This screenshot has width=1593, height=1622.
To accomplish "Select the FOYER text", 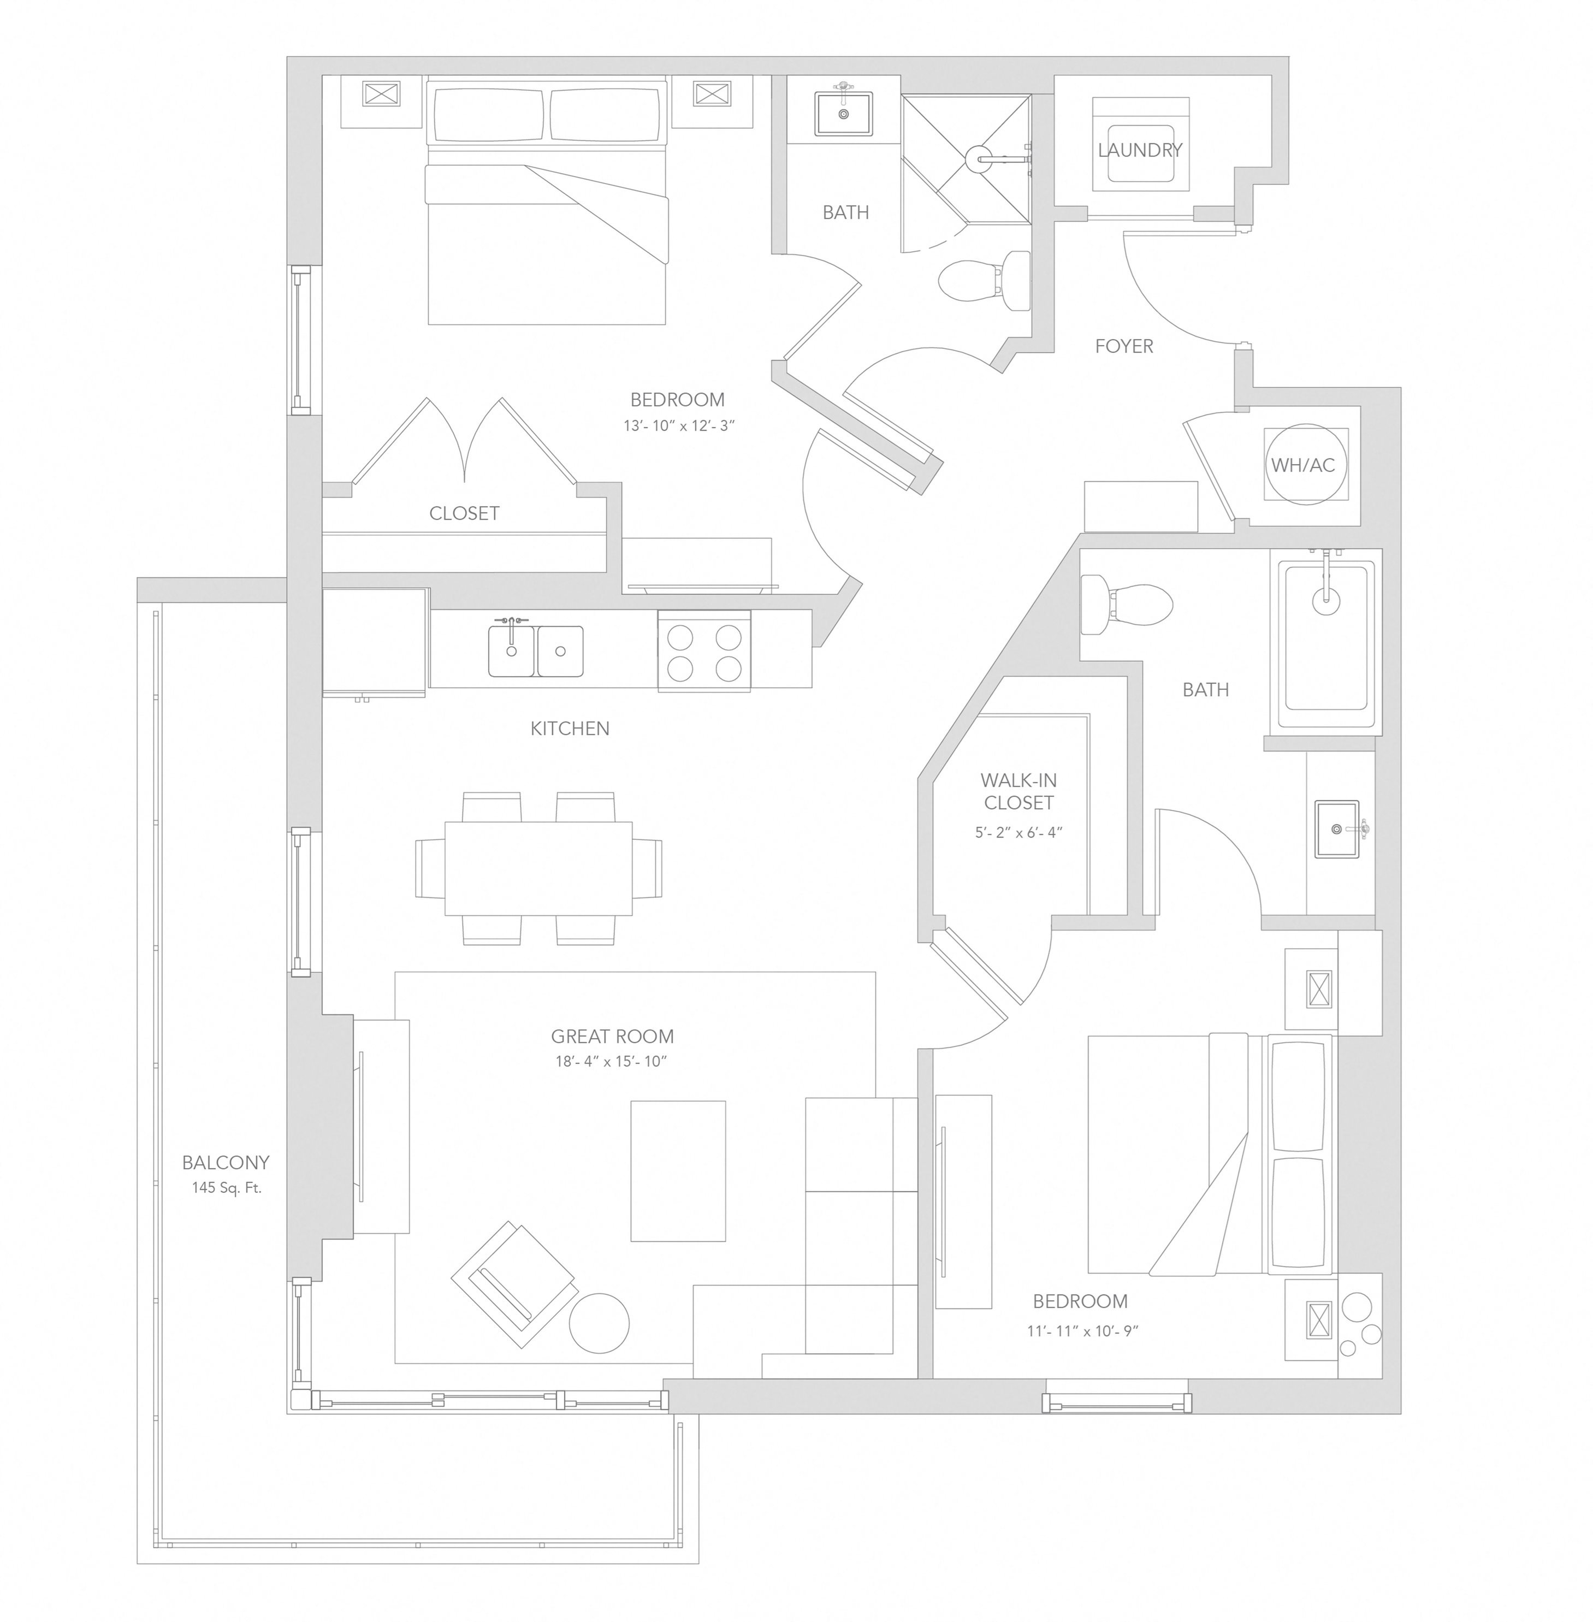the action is point(1124,346).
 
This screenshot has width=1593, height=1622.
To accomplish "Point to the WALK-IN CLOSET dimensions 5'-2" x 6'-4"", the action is point(1018,832).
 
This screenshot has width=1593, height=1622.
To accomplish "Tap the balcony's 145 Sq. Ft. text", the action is point(226,1187).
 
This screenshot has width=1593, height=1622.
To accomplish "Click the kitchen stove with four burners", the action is point(703,650).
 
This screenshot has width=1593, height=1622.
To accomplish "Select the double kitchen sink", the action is point(536,649).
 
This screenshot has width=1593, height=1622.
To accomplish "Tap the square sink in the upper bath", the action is point(843,113).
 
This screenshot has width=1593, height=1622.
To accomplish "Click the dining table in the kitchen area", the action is point(538,868).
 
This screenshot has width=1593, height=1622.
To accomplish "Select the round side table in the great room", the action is point(599,1323).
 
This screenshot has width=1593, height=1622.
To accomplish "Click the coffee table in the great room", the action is point(678,1170).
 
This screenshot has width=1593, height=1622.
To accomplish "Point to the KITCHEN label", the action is point(570,729).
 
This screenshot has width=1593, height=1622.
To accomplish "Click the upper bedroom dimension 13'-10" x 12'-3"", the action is point(678,426).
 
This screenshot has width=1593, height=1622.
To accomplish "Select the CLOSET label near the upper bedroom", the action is point(464,513).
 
